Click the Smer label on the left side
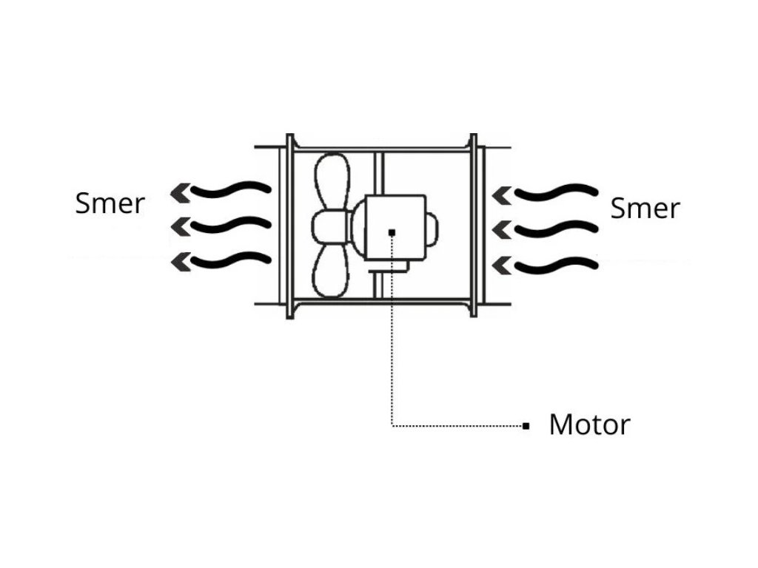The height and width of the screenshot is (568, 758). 110,203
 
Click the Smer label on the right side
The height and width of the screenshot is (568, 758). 644,209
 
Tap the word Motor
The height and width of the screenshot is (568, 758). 589,425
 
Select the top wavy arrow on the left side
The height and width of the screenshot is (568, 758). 221,191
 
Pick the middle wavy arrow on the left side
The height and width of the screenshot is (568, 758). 221,225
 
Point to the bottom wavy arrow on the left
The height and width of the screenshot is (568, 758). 221,260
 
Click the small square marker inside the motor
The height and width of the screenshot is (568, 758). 392,232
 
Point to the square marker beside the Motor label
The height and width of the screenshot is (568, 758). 526,426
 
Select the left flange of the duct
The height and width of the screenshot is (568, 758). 289,226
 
